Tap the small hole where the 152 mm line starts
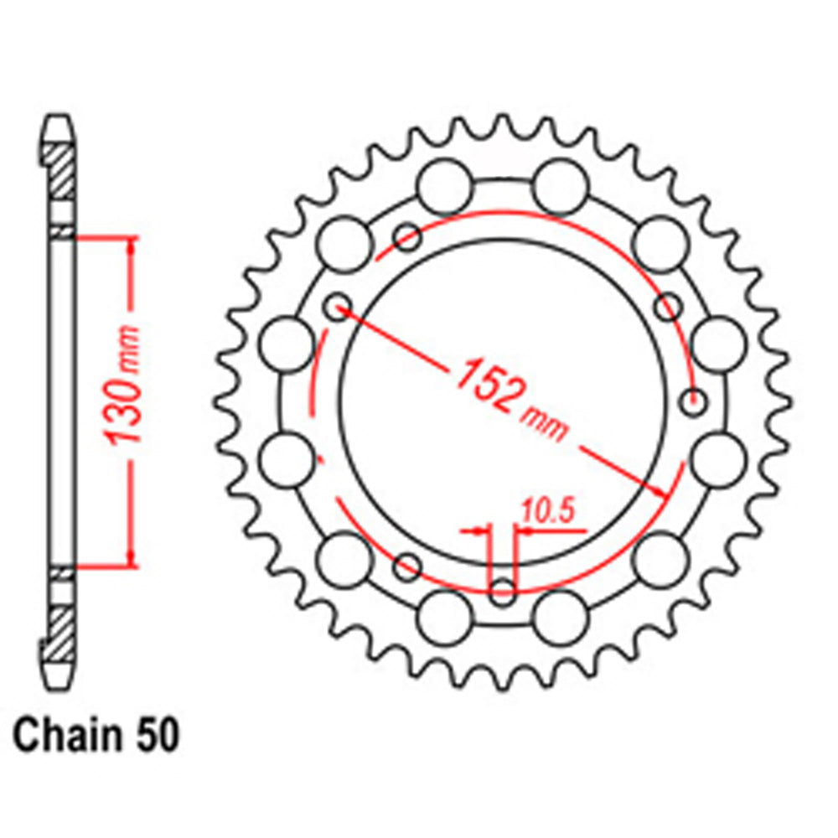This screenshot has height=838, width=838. [x=339, y=305]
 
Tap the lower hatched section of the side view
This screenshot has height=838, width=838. [x=59, y=629]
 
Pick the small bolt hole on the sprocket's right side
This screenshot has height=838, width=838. [x=693, y=403]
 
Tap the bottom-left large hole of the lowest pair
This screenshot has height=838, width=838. [x=444, y=617]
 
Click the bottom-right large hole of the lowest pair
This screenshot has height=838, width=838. [x=561, y=615]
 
